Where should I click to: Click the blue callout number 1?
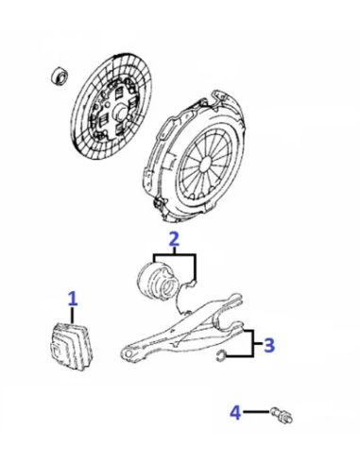coord(73,299)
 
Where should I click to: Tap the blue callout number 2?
coord(174,239)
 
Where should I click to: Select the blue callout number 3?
coord(269,345)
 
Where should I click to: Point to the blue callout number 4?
coord(235,412)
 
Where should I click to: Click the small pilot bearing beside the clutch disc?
coord(59,76)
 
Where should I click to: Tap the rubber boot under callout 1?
coord(72,346)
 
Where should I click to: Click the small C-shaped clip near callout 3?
coord(220,356)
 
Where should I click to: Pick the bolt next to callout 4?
coord(282,415)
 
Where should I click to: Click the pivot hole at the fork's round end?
coord(128,353)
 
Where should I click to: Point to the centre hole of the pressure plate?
coord(206,163)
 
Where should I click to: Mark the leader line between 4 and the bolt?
coord(256,411)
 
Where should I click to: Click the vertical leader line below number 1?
coord(73,315)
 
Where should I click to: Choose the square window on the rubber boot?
coord(55,351)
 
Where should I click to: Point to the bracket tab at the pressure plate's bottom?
coord(160,205)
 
